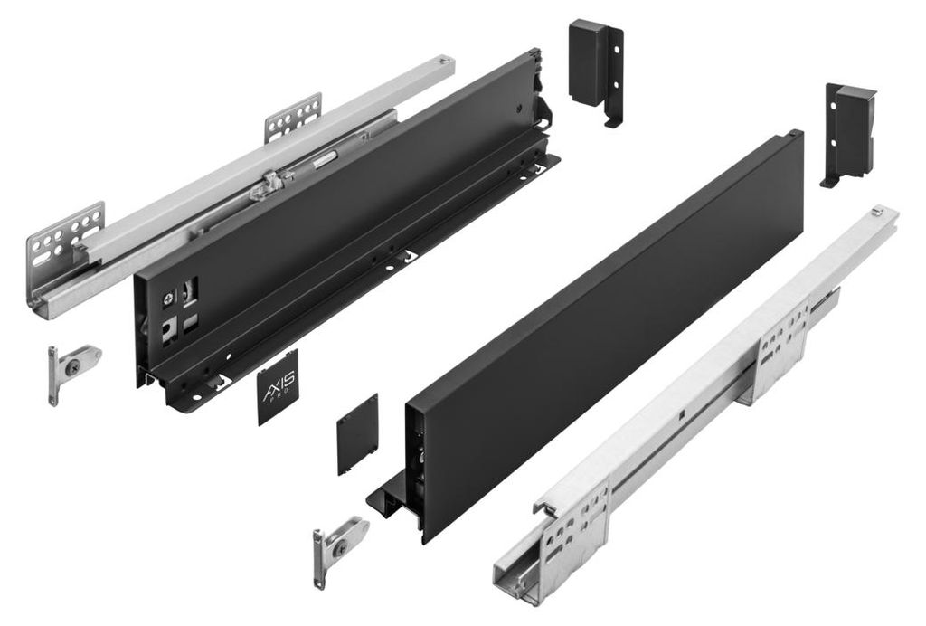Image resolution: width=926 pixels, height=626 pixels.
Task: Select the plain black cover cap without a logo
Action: point(357,434)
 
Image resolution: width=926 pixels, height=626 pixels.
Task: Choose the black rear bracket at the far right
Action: point(850,134)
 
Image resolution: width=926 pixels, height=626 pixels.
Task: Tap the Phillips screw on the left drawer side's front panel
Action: point(169,299)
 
